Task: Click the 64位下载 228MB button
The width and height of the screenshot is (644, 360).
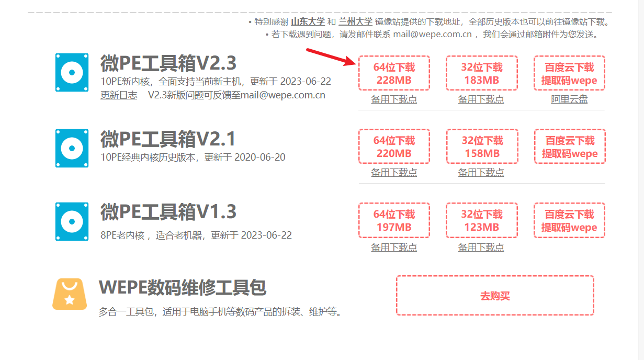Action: [x=394, y=74]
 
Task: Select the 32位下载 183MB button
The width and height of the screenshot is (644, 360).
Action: [x=481, y=74]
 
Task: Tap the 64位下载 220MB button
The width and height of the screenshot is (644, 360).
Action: [x=394, y=147]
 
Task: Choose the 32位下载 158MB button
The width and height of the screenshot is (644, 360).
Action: [x=481, y=147]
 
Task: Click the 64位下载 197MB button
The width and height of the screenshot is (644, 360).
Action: [x=394, y=221]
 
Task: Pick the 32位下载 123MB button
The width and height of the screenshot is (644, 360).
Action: [x=481, y=221]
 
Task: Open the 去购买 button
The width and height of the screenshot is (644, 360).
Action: [x=495, y=296]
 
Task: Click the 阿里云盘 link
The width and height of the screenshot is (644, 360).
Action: [x=569, y=99]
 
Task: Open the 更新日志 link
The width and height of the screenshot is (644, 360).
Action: [x=119, y=95]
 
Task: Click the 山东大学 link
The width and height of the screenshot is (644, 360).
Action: [x=308, y=21]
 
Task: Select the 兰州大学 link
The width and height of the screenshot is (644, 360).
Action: [x=355, y=21]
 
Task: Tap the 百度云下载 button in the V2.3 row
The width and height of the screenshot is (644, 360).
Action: [x=569, y=74]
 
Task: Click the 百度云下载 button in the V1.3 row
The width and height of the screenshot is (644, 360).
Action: [x=569, y=221]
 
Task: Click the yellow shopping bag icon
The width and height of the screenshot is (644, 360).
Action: [x=70, y=294]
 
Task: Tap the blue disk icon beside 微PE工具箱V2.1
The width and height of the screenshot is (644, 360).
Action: [x=72, y=148]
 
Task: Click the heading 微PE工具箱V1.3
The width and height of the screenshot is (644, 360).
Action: [x=168, y=212]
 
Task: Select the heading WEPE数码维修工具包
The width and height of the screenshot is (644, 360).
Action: [x=183, y=288]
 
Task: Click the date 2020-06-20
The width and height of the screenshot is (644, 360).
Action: [x=259, y=157]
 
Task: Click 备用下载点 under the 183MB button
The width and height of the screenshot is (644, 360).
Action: [x=481, y=99]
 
